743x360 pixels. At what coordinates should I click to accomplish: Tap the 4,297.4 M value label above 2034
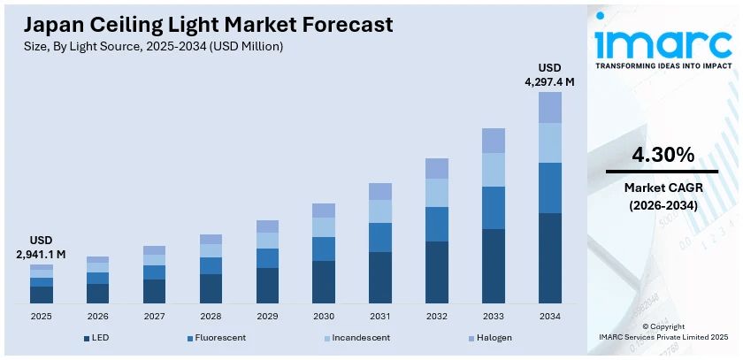tap(549, 75)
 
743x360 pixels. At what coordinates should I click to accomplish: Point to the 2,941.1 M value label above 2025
tap(42, 248)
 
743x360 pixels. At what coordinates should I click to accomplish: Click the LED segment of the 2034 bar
tap(550, 258)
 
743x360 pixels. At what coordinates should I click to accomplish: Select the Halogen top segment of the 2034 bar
tap(550, 107)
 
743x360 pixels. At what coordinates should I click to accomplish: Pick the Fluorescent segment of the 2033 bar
tap(494, 208)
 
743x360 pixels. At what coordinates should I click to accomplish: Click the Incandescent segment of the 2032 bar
tap(437, 193)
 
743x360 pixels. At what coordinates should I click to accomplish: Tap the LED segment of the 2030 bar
tap(324, 282)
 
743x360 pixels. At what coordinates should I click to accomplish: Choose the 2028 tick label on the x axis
tap(211, 316)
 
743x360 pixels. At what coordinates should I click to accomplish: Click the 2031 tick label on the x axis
tap(380, 316)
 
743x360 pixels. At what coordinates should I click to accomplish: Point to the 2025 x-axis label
tap(42, 316)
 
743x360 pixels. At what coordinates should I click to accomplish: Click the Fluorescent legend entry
tap(216, 338)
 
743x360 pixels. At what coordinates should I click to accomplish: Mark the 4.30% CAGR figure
tap(663, 155)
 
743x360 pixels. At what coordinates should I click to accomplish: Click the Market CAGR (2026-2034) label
tap(663, 196)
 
